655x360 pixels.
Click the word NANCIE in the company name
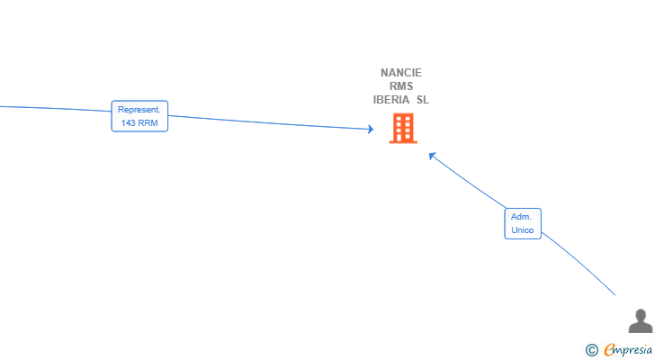click(401, 73)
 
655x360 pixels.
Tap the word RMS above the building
click(401, 86)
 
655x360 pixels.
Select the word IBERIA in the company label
click(391, 100)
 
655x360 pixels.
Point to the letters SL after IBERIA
click(422, 100)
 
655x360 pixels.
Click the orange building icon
click(403, 128)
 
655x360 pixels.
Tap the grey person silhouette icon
click(641, 320)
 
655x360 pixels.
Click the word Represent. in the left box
click(139, 110)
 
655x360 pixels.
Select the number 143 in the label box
click(128, 122)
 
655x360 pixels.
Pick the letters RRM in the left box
click(148, 122)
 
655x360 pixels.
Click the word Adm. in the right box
click(521, 217)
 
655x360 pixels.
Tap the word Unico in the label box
click(523, 230)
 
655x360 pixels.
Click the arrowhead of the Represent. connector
click(370, 129)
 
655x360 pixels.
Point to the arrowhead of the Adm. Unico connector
click(433, 156)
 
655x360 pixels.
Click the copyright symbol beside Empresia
click(591, 350)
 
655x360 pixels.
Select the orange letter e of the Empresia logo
click(610, 349)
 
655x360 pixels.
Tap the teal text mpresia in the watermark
click(633, 350)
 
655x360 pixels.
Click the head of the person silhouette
click(641, 314)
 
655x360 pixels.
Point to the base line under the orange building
click(403, 142)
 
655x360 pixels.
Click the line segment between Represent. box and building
click(270, 122)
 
